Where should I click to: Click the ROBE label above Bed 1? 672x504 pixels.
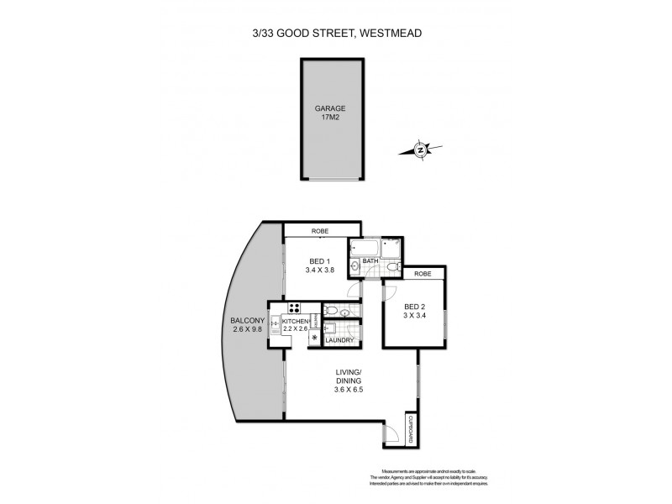coord(320,230)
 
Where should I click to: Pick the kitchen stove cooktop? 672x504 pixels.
coord(295,308)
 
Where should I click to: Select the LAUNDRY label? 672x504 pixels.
coord(340,340)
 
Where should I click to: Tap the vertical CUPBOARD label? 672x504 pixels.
coord(411,429)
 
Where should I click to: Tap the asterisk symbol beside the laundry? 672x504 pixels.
coord(315,338)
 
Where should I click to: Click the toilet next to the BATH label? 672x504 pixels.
coord(392,266)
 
